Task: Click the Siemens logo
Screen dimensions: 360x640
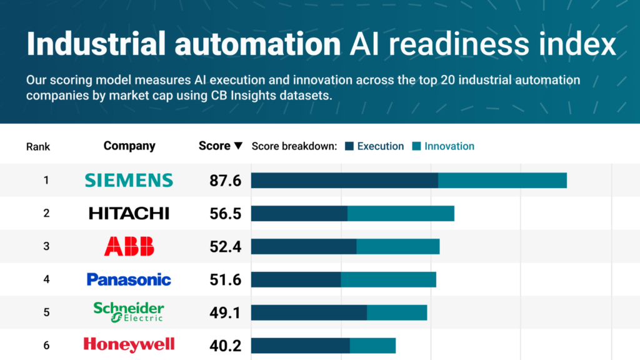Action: pos(129,180)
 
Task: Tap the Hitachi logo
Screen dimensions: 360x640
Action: pos(129,213)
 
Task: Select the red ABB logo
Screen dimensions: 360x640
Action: pos(129,246)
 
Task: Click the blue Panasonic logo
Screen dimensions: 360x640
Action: pos(129,279)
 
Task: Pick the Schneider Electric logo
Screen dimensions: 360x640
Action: pos(129,312)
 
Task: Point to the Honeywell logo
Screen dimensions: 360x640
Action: pos(129,344)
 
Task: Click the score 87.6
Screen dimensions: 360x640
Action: pos(225,181)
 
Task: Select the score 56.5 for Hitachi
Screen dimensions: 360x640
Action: pos(225,214)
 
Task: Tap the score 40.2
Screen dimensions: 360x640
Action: pos(225,346)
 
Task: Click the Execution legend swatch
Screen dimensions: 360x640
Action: pos(349,146)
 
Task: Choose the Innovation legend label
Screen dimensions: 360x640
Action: pos(449,146)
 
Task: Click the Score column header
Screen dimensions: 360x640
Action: pos(214,146)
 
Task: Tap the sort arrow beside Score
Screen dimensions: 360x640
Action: pos(238,146)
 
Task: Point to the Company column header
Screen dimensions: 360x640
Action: pos(129,146)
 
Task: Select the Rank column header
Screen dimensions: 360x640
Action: pos(38,147)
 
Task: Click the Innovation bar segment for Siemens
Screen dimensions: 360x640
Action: pos(502,180)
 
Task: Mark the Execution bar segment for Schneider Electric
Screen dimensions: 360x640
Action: pos(309,312)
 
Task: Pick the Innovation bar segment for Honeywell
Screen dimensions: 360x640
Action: pos(372,345)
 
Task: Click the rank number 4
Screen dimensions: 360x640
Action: pos(46,279)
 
